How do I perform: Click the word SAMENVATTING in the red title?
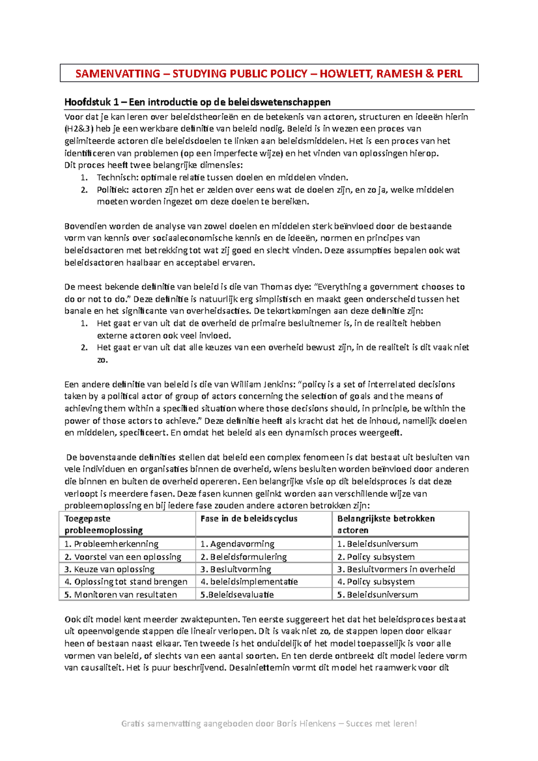(117, 74)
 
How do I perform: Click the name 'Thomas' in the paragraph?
(276, 287)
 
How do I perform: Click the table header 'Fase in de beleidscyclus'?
(249, 519)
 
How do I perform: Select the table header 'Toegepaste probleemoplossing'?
(104, 524)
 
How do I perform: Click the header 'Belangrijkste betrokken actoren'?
(386, 524)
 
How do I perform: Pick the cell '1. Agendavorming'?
(237, 544)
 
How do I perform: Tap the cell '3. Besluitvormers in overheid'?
(396, 569)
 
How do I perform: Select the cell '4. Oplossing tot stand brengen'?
(126, 582)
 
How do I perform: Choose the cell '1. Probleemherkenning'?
(111, 544)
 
